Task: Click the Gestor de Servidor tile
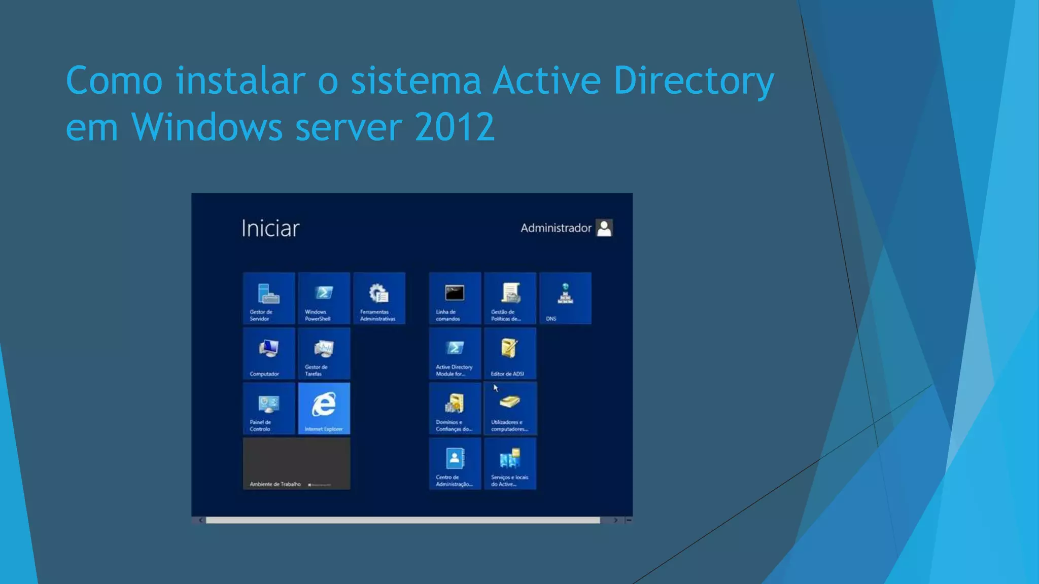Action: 269,298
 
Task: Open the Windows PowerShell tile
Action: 324,298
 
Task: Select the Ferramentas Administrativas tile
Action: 379,298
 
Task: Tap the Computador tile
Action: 269,353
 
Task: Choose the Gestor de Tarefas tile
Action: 324,353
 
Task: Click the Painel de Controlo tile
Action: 269,409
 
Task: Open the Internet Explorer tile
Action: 324,409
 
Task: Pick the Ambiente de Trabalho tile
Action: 296,464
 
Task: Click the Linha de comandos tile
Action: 455,298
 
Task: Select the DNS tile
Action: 565,298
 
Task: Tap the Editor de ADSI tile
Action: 510,353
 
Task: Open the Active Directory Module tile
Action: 455,353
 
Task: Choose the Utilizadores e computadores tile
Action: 510,409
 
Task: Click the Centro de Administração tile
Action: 455,464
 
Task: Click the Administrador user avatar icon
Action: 604,228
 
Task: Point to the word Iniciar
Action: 270,229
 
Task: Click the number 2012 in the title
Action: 455,127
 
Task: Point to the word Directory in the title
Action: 694,81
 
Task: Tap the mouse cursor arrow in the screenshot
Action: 496,388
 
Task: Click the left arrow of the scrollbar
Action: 201,520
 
